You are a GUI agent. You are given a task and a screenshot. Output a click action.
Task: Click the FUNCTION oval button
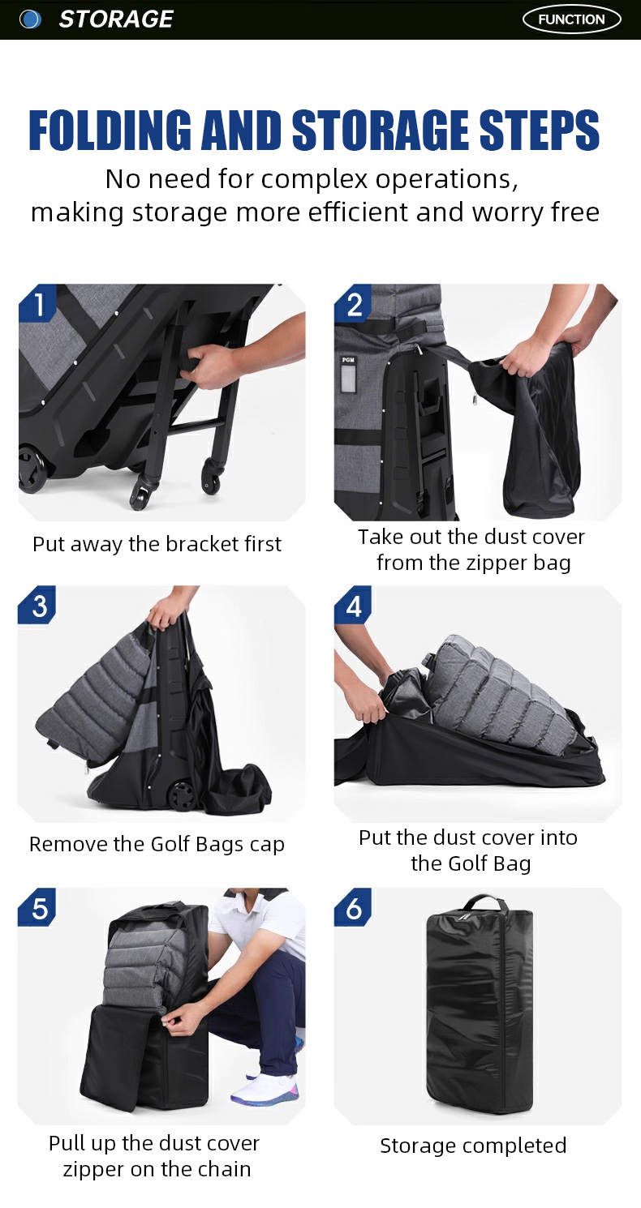tap(571, 19)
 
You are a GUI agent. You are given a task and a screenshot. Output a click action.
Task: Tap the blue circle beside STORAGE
tap(30, 19)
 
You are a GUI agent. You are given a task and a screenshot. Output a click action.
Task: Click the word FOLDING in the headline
tap(110, 130)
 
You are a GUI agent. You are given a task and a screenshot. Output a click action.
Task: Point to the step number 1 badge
tap(38, 303)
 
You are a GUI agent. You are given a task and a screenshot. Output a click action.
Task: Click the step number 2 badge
tap(354, 303)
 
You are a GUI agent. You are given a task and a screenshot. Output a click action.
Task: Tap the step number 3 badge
tap(38, 605)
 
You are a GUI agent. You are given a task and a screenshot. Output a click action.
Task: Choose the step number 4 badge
tap(354, 605)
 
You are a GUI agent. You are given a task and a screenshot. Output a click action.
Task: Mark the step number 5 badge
tap(38, 907)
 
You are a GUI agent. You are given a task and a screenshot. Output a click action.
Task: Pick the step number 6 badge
tap(354, 907)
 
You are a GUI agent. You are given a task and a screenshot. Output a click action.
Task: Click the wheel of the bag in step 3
tap(182, 795)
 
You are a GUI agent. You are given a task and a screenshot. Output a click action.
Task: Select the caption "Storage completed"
tap(473, 1146)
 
